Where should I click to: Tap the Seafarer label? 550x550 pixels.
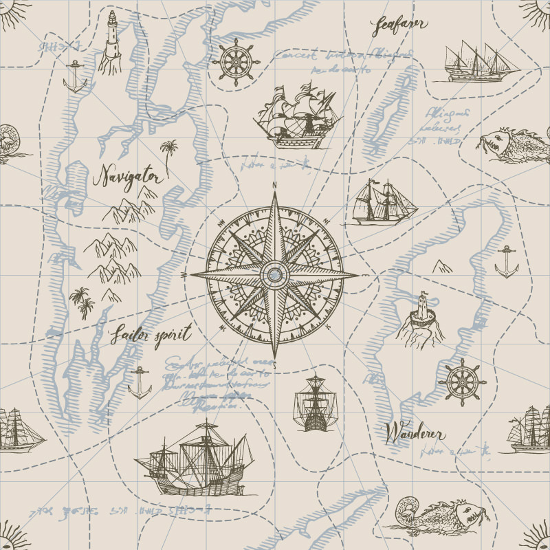pyautogui.click(x=399, y=25)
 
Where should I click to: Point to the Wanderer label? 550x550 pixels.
pyautogui.click(x=415, y=434)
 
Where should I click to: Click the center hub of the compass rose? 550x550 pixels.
pyautogui.click(x=274, y=275)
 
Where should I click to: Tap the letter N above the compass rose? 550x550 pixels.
pyautogui.click(x=274, y=185)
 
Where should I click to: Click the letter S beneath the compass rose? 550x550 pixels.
pyautogui.click(x=274, y=366)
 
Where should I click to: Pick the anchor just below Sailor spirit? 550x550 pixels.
pyautogui.click(x=140, y=383)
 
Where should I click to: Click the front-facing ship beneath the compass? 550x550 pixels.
pyautogui.click(x=316, y=404)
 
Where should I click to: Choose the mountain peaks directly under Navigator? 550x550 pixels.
pyautogui.click(x=131, y=206)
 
